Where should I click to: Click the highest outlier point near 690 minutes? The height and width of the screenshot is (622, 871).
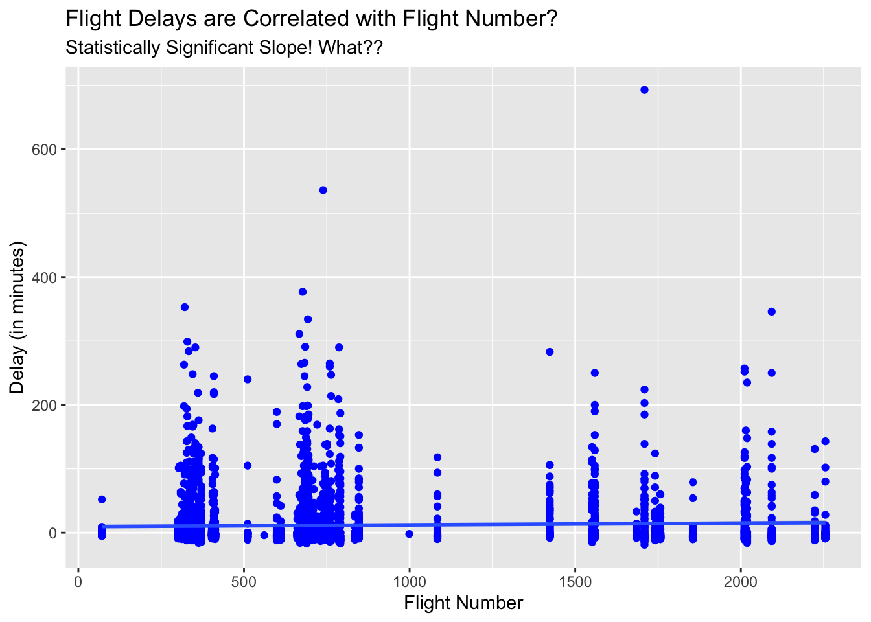click(x=644, y=90)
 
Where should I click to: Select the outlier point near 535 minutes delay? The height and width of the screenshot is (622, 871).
click(x=323, y=190)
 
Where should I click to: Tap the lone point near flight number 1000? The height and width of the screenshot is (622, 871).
click(x=409, y=534)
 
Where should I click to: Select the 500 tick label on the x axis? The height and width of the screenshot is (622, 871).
click(x=244, y=581)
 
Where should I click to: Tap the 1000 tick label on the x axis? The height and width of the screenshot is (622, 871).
click(x=409, y=581)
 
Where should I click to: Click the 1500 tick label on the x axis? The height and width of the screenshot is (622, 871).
click(x=575, y=581)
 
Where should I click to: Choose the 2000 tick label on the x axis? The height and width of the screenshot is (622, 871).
click(x=740, y=581)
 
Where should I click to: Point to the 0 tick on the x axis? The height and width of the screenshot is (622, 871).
click(x=78, y=581)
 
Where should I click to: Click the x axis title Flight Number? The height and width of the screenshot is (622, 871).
click(x=463, y=603)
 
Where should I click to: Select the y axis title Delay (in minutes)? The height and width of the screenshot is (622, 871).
click(x=17, y=317)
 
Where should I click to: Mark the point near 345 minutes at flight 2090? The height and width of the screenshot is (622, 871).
click(x=771, y=312)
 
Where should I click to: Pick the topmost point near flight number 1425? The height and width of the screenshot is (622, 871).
click(x=550, y=352)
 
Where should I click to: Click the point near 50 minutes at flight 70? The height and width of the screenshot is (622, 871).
click(x=102, y=500)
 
